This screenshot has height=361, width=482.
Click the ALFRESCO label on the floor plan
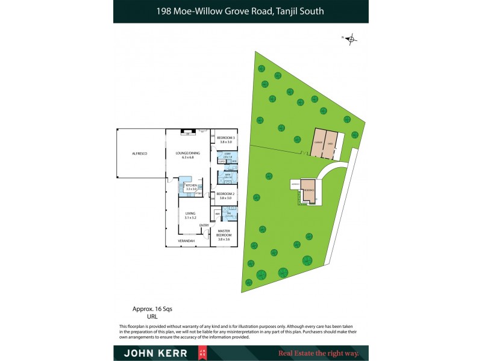tap(140, 154)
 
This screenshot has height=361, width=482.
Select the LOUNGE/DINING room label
tap(184, 154)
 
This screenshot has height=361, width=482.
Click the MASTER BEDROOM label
tap(224, 235)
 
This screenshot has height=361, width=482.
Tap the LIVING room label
tap(190, 215)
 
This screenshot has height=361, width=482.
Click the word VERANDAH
tap(186, 241)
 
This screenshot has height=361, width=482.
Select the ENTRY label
tap(204, 225)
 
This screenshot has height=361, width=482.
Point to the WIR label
tap(217, 214)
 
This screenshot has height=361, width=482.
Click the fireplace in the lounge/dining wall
tap(188, 132)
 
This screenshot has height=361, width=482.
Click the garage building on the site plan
tap(317, 143)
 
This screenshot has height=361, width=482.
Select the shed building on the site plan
tap(331, 143)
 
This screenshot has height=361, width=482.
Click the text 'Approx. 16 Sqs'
tap(148, 309)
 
